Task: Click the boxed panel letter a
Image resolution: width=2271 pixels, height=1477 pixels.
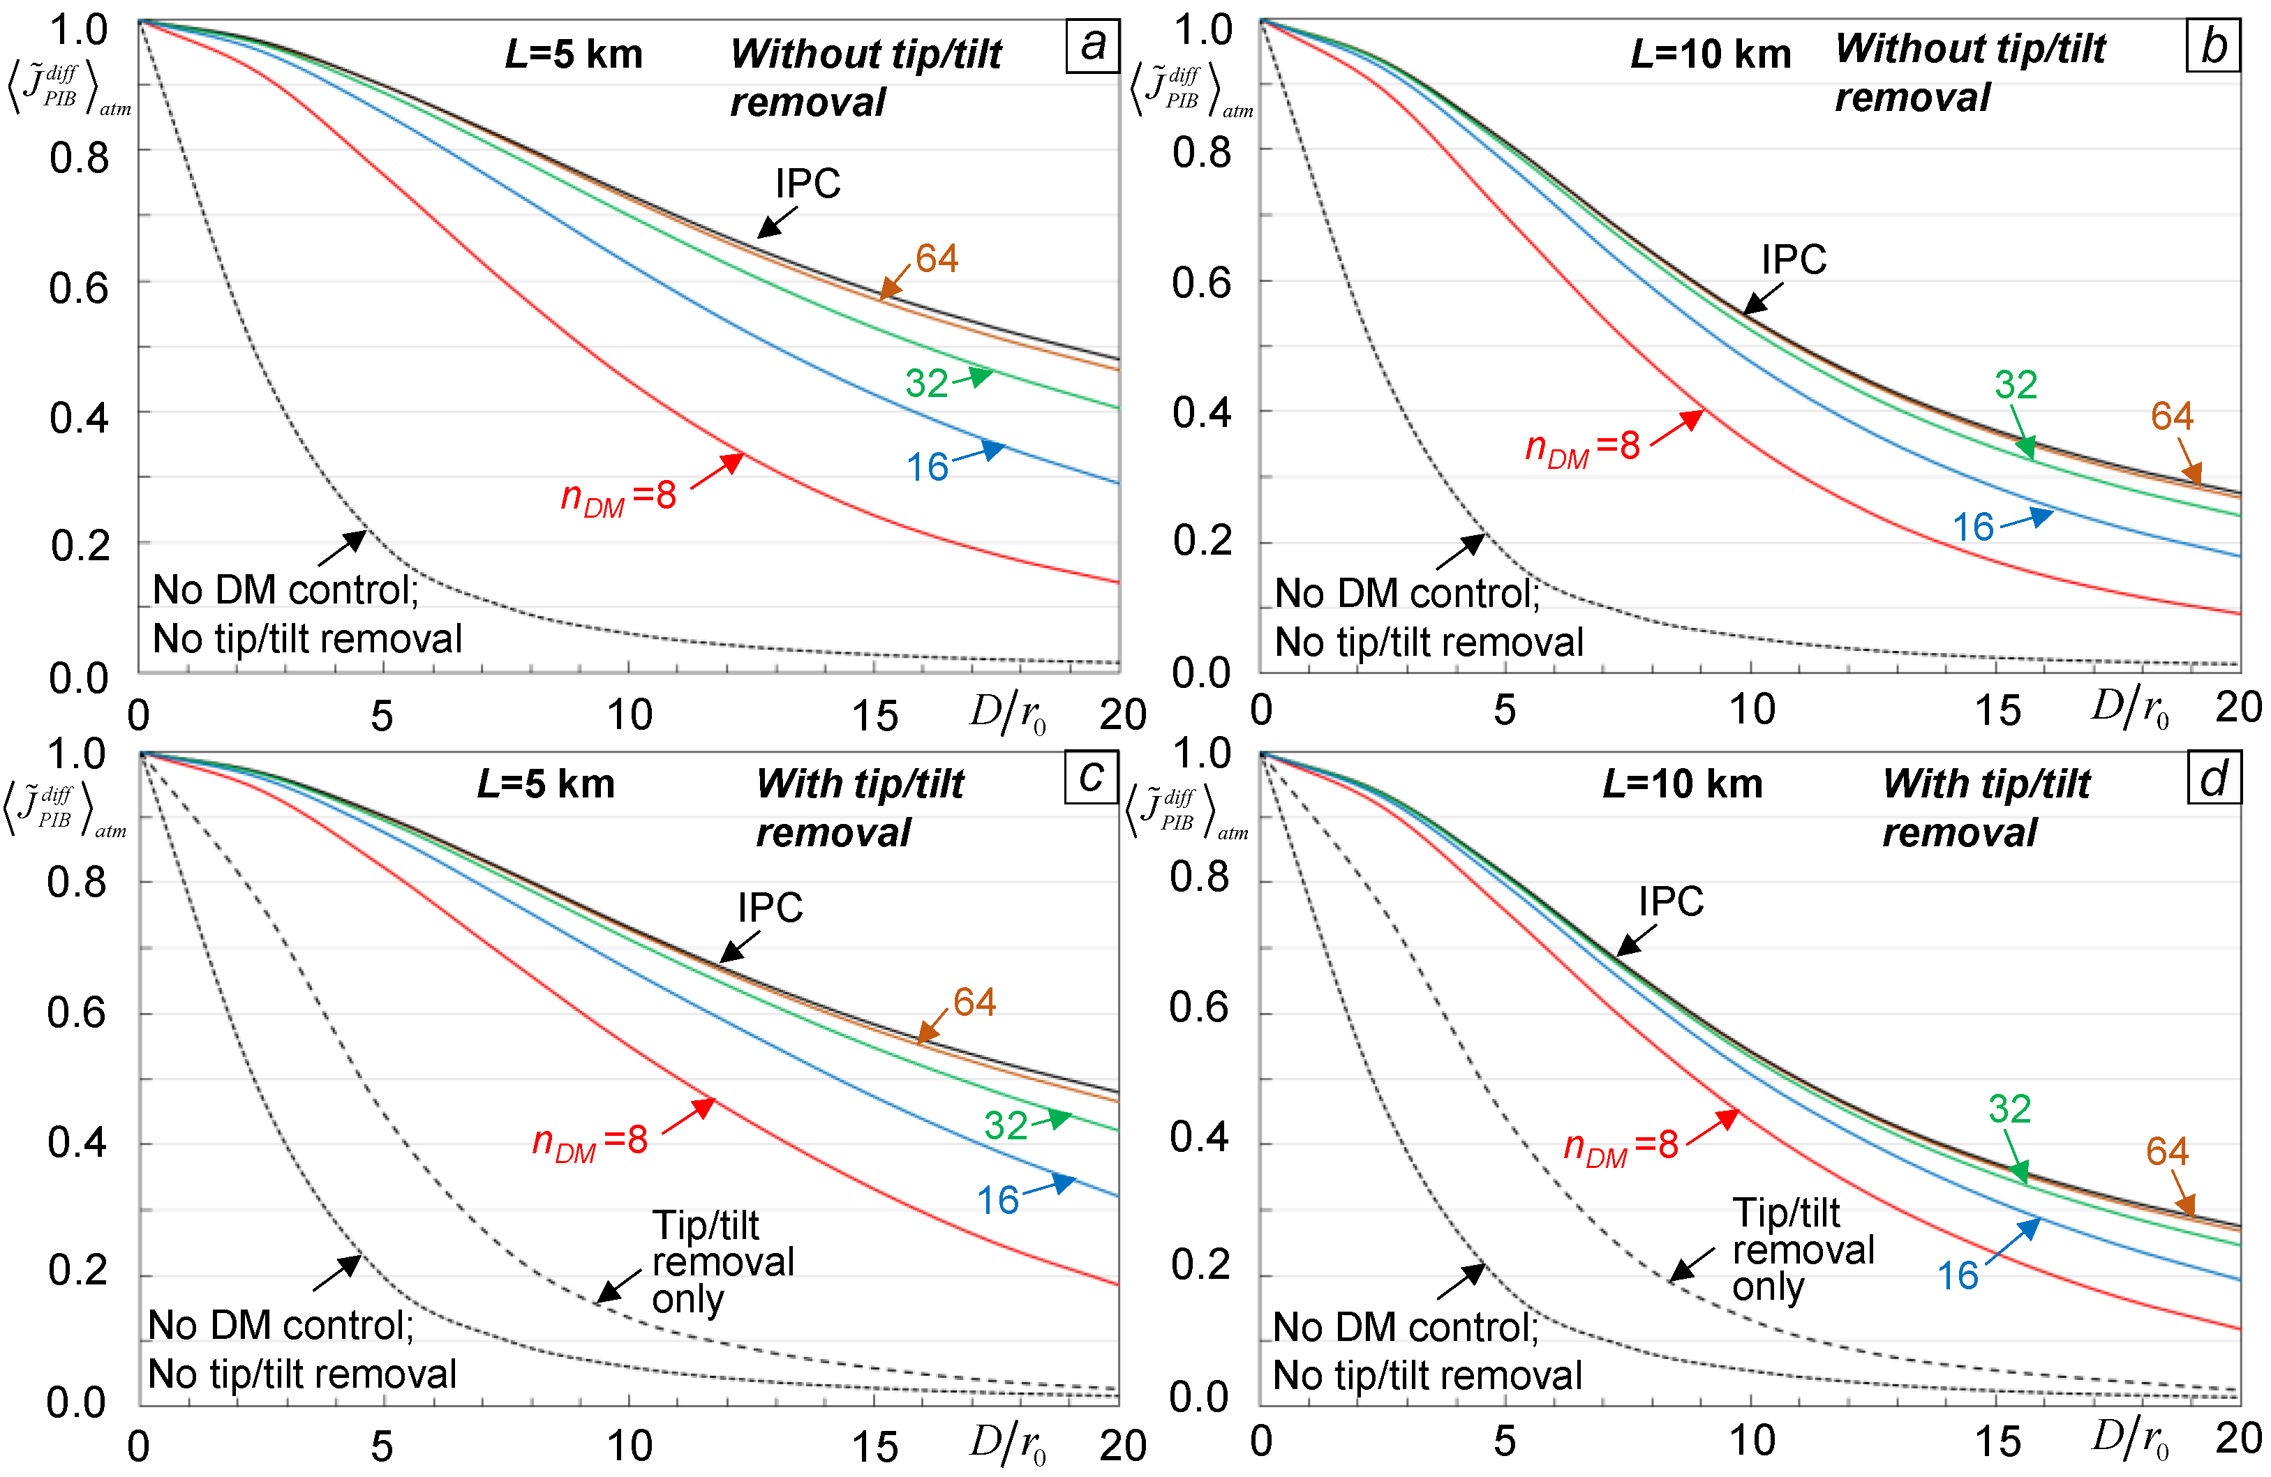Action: click(x=1092, y=45)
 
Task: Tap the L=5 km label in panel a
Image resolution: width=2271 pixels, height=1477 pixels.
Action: click(x=574, y=54)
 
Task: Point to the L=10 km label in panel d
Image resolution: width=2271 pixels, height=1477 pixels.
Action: click(x=1682, y=784)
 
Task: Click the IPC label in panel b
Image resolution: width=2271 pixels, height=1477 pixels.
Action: click(x=1794, y=260)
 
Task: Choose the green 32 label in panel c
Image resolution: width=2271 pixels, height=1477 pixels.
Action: click(x=1006, y=1126)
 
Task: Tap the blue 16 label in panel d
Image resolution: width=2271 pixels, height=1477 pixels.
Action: click(x=1958, y=1275)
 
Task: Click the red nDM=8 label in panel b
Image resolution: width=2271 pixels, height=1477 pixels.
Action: click(x=1583, y=447)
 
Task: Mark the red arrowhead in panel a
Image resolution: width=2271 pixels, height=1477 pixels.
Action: click(x=733, y=463)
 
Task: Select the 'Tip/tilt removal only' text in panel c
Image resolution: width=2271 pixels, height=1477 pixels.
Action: click(x=722, y=1261)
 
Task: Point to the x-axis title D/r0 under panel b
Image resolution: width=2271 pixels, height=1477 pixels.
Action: click(x=2130, y=709)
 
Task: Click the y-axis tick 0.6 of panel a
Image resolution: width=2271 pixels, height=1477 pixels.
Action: click(x=78, y=287)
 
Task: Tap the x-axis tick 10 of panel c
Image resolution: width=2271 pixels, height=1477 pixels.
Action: click(x=630, y=1446)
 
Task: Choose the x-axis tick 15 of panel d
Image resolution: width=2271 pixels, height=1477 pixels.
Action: click(x=1997, y=1441)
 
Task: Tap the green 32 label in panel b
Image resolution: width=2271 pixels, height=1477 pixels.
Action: click(x=2016, y=384)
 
